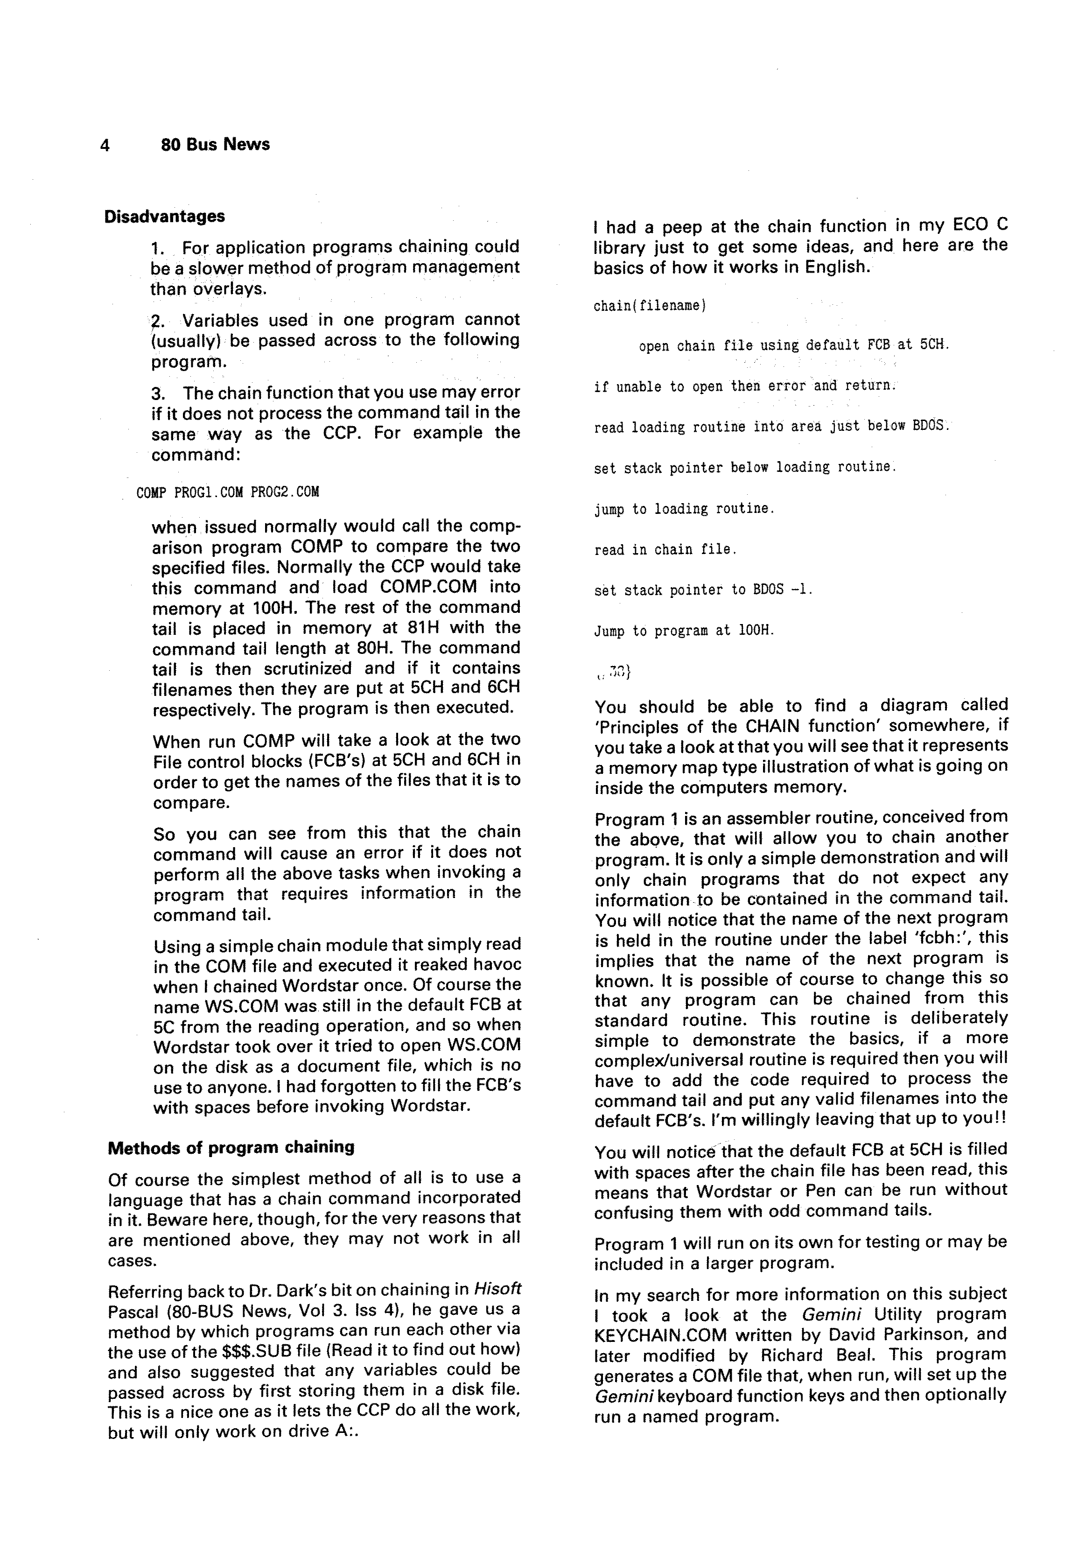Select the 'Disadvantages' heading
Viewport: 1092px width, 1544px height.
165,217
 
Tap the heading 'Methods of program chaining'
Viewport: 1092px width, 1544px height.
231,1147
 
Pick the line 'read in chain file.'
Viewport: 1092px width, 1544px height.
665,549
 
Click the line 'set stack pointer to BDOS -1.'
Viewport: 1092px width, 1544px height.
703,590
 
